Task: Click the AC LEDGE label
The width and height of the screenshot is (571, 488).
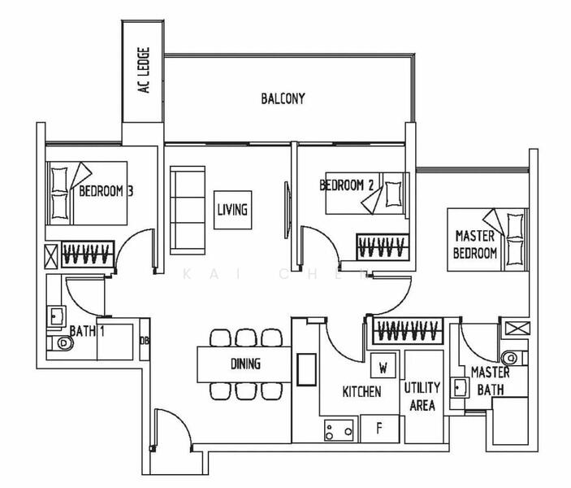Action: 145,71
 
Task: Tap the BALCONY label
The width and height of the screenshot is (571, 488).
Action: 283,98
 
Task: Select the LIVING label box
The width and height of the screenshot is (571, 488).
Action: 232,210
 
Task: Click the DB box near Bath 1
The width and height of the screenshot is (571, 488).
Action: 145,340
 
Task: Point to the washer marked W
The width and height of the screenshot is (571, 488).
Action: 383,365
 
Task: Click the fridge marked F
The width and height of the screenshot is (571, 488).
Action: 379,428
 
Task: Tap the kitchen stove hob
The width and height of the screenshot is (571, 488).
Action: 339,430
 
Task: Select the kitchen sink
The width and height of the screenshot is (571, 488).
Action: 306,369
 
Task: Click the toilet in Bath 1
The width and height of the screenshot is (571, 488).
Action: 60,343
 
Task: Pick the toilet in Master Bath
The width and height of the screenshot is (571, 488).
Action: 514,357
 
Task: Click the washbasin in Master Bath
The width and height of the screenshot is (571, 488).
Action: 459,388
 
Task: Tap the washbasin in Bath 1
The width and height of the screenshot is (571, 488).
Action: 56,316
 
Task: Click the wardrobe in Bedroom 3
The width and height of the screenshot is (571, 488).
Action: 88,254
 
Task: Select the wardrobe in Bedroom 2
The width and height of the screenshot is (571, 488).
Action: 383,247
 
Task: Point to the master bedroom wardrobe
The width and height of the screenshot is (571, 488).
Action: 409,331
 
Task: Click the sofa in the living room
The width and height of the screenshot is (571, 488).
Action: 188,210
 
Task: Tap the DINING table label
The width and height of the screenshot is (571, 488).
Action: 245,364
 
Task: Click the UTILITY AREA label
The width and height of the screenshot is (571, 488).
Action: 422,396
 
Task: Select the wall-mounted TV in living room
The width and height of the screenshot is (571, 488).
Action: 288,210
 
